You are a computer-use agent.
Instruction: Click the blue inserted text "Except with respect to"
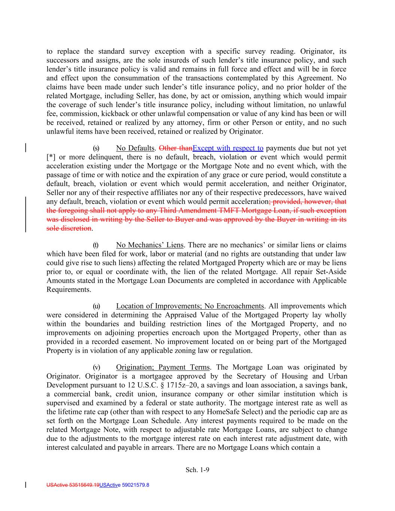tap(228, 148)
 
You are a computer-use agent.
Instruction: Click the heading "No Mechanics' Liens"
tap(150, 245)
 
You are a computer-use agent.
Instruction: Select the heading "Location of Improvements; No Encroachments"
tap(190, 306)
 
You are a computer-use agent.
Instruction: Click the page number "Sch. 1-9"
tap(197, 470)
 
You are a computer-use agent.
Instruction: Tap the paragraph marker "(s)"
tap(96, 148)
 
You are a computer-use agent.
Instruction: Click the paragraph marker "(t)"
tap(96, 245)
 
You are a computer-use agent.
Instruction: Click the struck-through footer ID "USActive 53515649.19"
tap(73, 485)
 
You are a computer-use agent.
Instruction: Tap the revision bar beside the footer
tap(25, 485)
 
